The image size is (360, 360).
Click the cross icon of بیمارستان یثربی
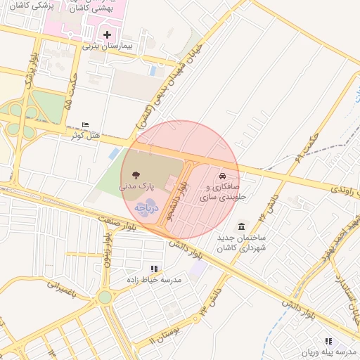[x=107, y=34]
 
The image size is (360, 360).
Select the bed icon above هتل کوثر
[x=86, y=124]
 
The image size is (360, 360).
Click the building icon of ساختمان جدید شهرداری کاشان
[x=242, y=226]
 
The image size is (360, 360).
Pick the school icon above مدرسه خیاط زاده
[x=153, y=269]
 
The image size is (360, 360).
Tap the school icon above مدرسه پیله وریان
[x=328, y=340]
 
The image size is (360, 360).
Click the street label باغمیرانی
[x=66, y=289]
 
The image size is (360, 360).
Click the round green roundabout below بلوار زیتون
[x=105, y=297]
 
